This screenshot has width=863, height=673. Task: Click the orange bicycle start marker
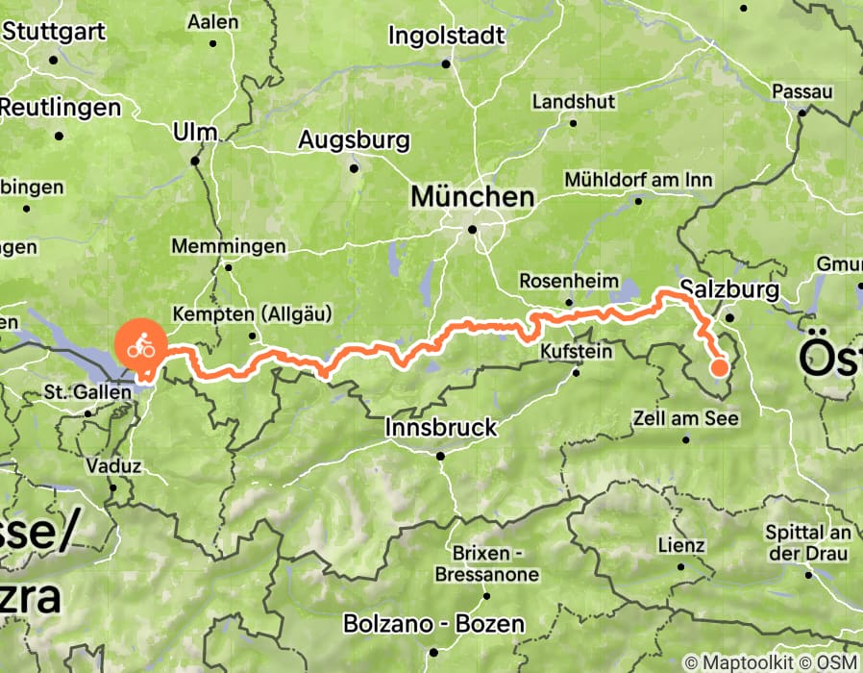click(x=140, y=344)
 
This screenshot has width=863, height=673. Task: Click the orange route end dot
click(x=719, y=366)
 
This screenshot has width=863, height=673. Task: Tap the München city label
click(x=472, y=198)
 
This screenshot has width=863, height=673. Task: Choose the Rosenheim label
click(x=566, y=281)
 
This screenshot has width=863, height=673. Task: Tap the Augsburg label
click(x=354, y=139)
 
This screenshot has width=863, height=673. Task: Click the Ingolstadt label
click(x=446, y=36)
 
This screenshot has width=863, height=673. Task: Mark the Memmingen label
click(x=229, y=246)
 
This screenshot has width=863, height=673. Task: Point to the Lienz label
click(x=681, y=545)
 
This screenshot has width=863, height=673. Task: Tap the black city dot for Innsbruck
click(x=440, y=456)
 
